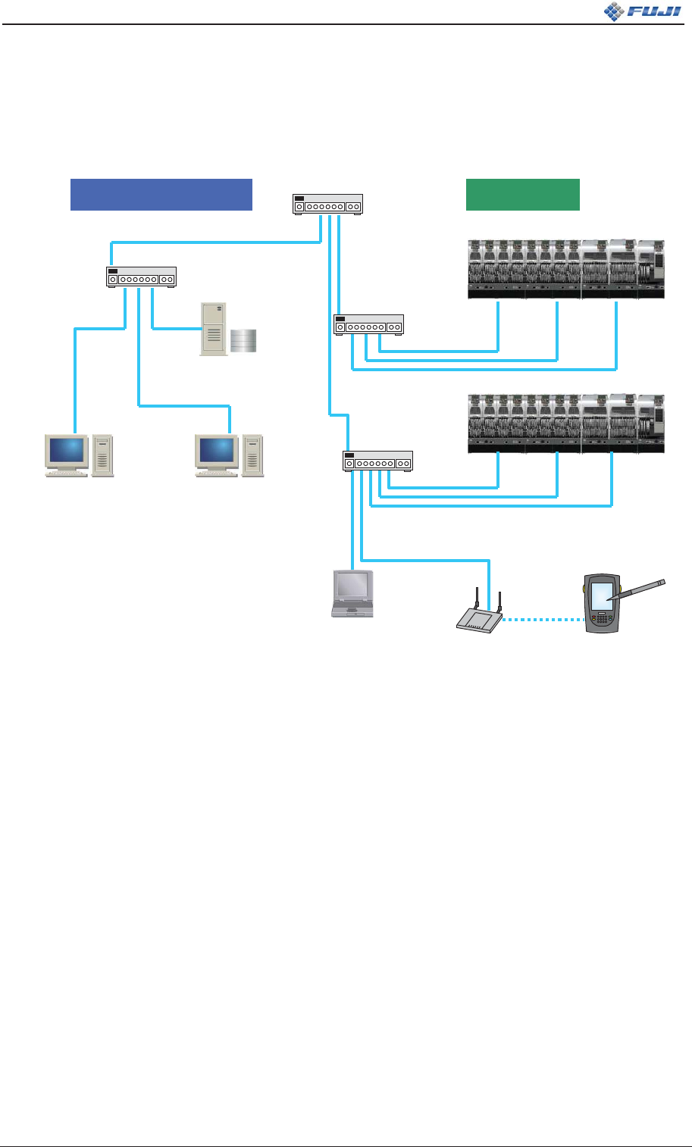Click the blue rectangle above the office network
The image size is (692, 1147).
click(x=161, y=194)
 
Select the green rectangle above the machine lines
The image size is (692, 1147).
click(x=522, y=194)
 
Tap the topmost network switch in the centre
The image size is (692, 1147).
click(x=327, y=205)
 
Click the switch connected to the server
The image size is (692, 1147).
click(x=142, y=277)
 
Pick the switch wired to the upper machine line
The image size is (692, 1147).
click(x=368, y=324)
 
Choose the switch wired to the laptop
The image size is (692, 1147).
click(x=377, y=461)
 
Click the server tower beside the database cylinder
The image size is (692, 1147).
click(x=213, y=329)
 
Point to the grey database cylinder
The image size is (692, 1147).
click(x=244, y=341)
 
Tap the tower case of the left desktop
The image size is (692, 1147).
click(x=102, y=455)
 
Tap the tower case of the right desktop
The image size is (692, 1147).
click(x=252, y=455)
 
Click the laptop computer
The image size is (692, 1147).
click(x=353, y=594)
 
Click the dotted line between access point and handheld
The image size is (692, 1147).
click(x=543, y=620)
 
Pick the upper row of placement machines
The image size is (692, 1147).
click(x=565, y=268)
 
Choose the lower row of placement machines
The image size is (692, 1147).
click(x=565, y=424)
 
